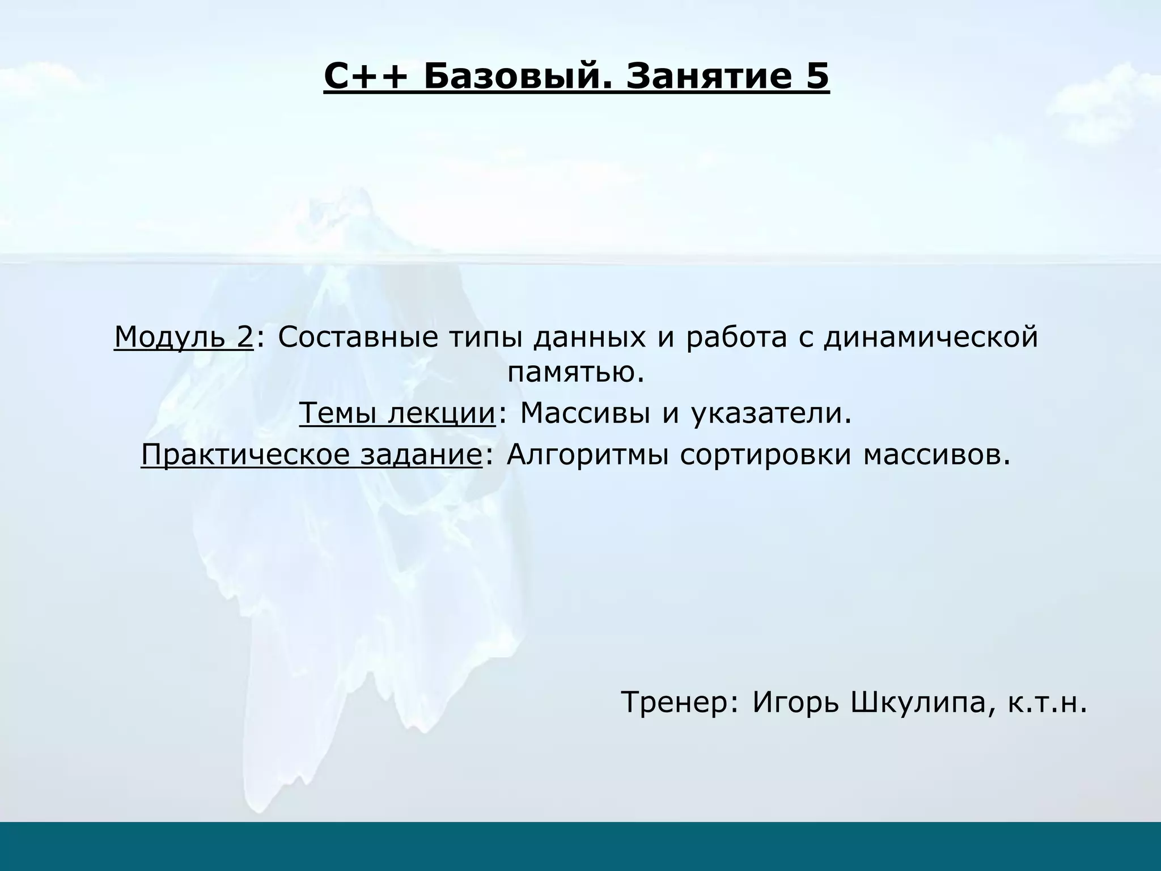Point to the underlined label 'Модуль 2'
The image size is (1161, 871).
(x=183, y=337)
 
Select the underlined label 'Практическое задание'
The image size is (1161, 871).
(x=311, y=454)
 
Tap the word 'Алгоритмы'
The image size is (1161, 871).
(x=587, y=454)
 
